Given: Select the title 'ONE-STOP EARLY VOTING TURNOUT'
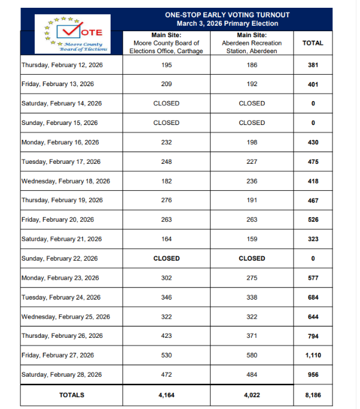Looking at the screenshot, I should click(227, 14).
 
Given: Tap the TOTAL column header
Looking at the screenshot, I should click(313, 43).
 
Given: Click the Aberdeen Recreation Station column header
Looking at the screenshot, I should click(252, 43).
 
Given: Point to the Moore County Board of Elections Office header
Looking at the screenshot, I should click(166, 43).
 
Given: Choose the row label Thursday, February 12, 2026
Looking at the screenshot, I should click(62, 65).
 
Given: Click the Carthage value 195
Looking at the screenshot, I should click(166, 65).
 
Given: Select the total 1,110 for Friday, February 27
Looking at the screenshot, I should click(313, 355).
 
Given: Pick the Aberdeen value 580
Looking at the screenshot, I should click(252, 355).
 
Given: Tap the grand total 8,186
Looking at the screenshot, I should click(313, 395).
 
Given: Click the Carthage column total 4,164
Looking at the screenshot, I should click(166, 395).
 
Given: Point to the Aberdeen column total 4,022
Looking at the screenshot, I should click(252, 395).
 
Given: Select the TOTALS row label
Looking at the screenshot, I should click(72, 395).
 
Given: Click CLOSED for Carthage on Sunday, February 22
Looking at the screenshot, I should click(166, 258).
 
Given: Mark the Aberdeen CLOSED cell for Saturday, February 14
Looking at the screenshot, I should click(252, 103).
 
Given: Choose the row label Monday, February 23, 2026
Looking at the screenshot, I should click(60, 278).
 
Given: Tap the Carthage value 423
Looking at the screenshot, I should click(166, 336).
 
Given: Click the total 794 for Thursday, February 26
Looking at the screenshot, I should click(313, 336).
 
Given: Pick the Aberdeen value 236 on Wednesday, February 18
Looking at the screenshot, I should click(252, 181).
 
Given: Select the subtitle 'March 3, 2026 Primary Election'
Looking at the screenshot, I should click(227, 23).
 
